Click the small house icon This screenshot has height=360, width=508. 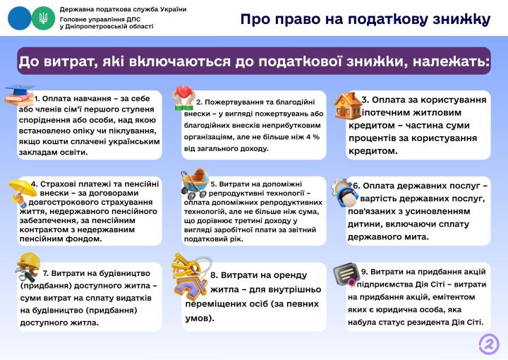[346, 104]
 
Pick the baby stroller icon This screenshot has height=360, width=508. [195, 184]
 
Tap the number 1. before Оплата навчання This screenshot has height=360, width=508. [37, 99]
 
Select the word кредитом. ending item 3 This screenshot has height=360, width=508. [373, 150]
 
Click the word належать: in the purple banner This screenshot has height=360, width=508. [453, 62]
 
